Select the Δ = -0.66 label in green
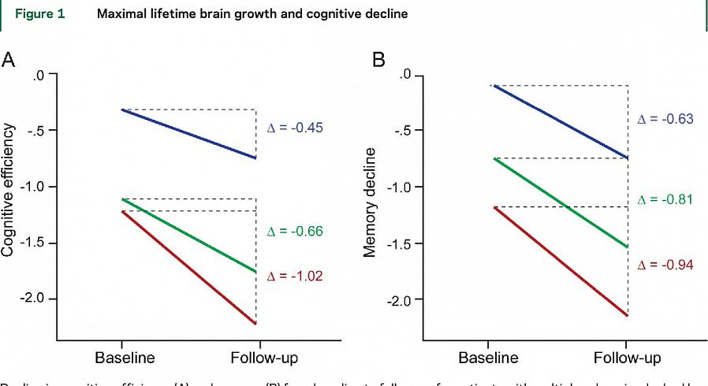pos(296,232)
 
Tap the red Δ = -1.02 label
pos(296,277)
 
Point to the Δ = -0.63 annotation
pos(665,119)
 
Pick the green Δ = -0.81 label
pos(665,199)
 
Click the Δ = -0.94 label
pos(665,265)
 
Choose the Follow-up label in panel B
pos(627,357)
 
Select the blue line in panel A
pos(189,134)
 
